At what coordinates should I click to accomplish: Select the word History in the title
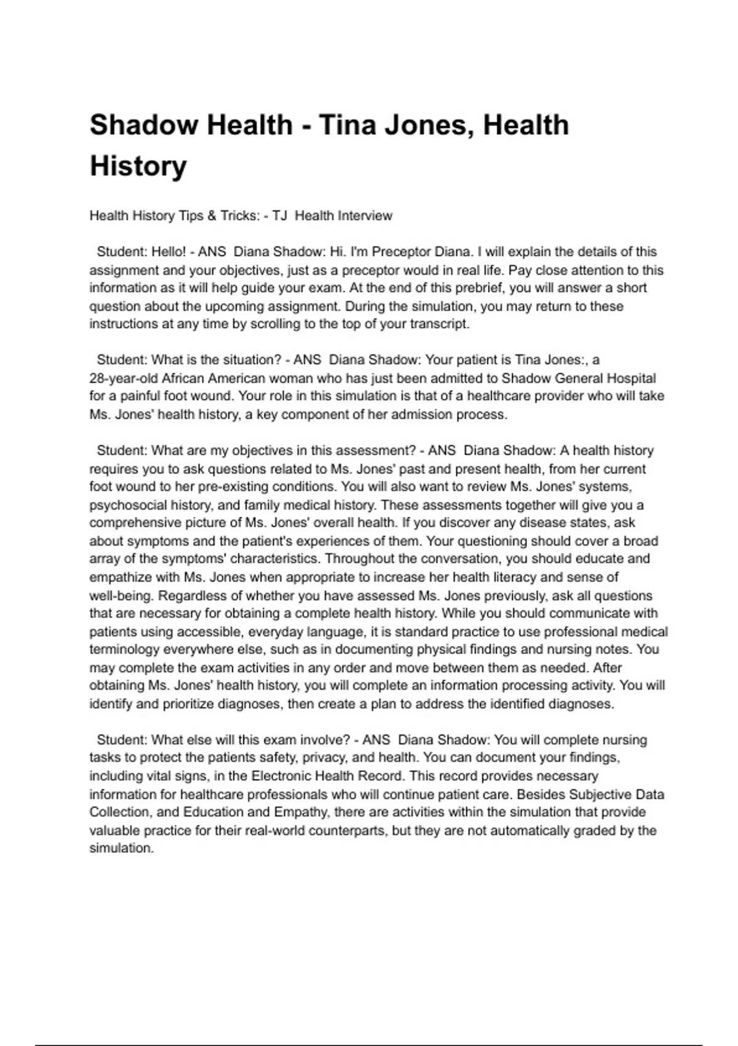tap(138, 166)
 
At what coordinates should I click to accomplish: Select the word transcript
tap(437, 324)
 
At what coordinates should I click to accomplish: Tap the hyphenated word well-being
tap(120, 596)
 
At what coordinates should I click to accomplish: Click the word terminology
tap(125, 650)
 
